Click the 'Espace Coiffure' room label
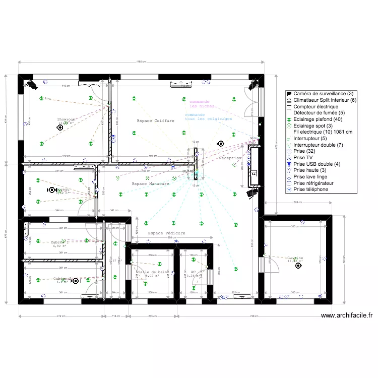155,121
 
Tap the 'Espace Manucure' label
150,184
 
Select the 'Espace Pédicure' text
166,233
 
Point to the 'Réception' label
230,158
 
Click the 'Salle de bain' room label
152,272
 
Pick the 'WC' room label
193,272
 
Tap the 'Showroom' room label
66,119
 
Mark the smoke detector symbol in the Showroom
60,128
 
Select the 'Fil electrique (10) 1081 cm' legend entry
323,132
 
